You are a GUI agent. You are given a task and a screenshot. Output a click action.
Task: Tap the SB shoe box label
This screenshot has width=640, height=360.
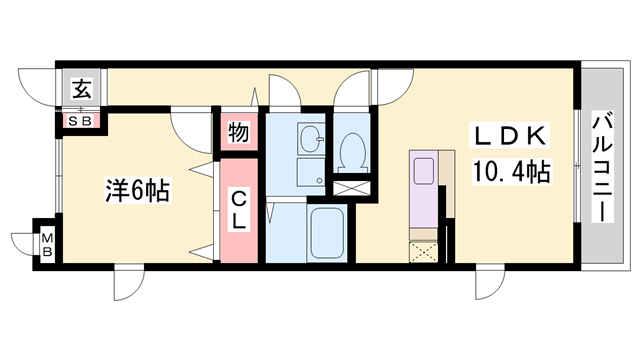click(81, 121)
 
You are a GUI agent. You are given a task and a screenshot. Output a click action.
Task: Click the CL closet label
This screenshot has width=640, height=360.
click(240, 211)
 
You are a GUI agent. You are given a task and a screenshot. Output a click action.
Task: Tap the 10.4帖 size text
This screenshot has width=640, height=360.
click(510, 171)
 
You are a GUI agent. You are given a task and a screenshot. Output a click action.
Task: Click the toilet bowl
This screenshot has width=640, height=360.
click(351, 151)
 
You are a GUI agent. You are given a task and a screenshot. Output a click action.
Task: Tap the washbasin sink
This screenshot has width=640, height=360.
click(310, 141)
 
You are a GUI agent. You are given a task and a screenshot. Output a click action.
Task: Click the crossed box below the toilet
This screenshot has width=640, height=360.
click(351, 185)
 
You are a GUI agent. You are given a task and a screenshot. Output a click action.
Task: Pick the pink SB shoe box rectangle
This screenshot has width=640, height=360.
click(81, 121)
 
